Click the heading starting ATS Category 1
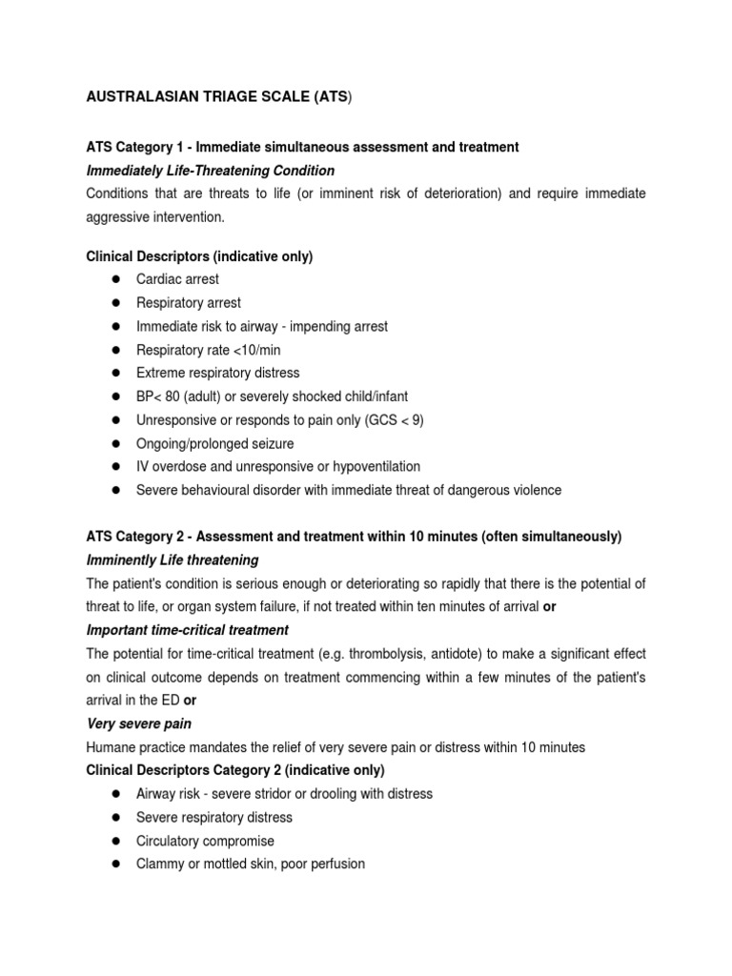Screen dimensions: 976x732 pyautogui.click(x=302, y=147)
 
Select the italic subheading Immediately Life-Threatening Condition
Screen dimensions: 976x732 pyautogui.click(x=211, y=171)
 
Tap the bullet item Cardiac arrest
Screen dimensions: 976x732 pyautogui.click(x=177, y=279)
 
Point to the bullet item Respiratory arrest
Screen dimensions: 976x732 pyautogui.click(x=189, y=303)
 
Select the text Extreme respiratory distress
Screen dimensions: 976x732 pyautogui.click(x=217, y=373)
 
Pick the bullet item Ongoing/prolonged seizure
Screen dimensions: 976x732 pyautogui.click(x=214, y=443)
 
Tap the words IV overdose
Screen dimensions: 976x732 pyautogui.click(x=170, y=467)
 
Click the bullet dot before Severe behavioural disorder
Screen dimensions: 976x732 pyautogui.click(x=115, y=491)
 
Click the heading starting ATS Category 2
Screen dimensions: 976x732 pyautogui.click(x=354, y=537)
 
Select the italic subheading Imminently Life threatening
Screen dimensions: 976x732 pyautogui.click(x=173, y=560)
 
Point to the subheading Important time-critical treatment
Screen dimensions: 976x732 pyautogui.click(x=188, y=630)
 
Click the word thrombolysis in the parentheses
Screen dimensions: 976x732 pyautogui.click(x=386, y=654)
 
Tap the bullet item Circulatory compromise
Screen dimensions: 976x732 pyautogui.click(x=205, y=841)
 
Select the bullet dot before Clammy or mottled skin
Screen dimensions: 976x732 pyautogui.click(x=115, y=864)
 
